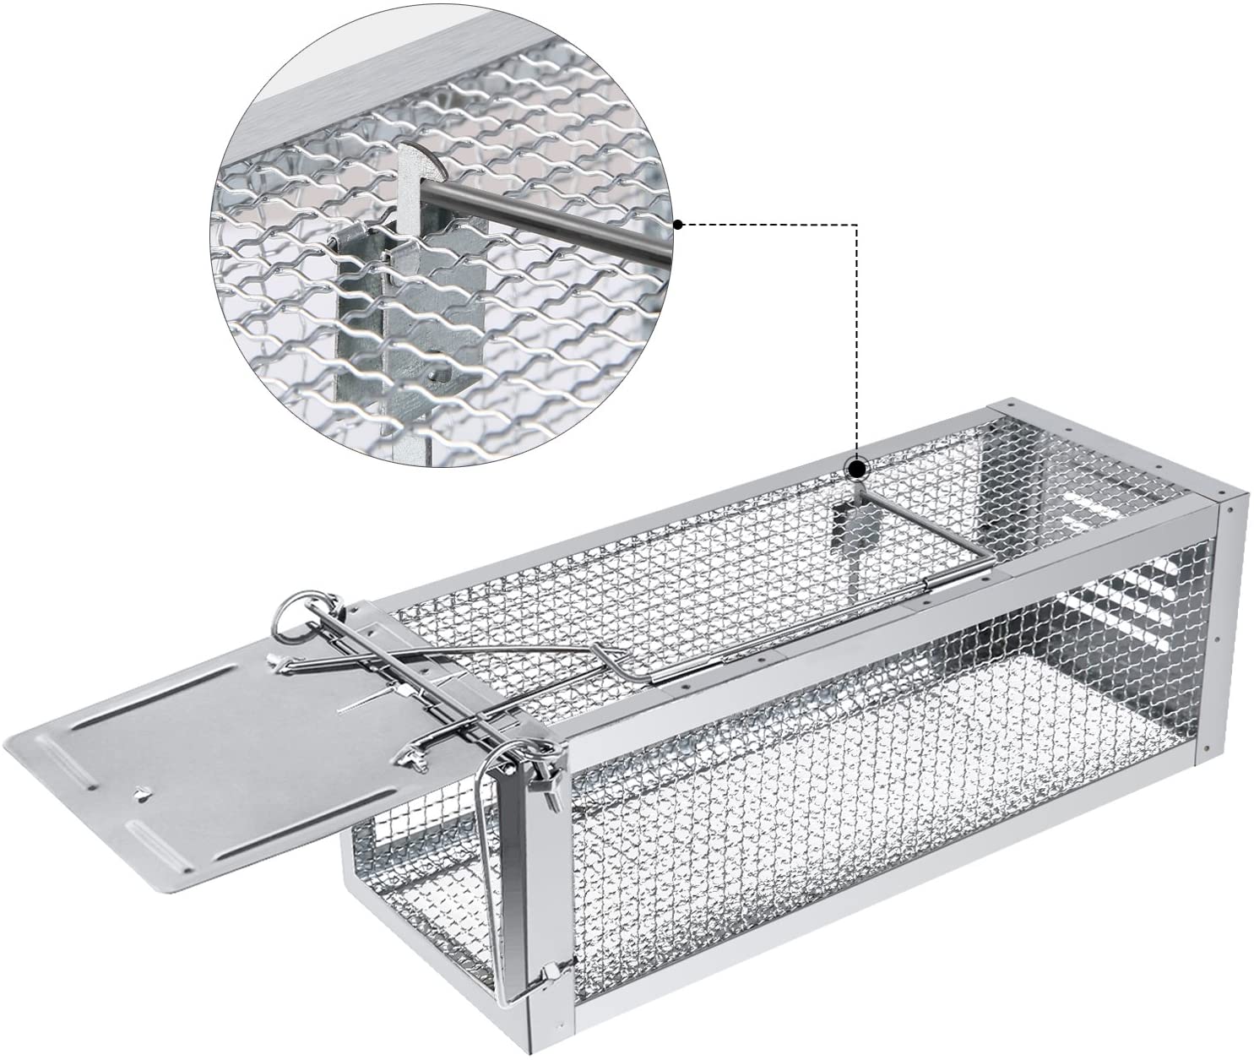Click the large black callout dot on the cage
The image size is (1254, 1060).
pyautogui.click(x=858, y=469)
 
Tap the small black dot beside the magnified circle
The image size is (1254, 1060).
pyautogui.click(x=677, y=224)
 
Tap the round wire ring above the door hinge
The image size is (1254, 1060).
pyautogui.click(x=296, y=616)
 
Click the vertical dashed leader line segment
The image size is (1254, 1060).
pyautogui.click(x=858, y=338)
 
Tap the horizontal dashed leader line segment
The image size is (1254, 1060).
pyautogui.click(x=768, y=225)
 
